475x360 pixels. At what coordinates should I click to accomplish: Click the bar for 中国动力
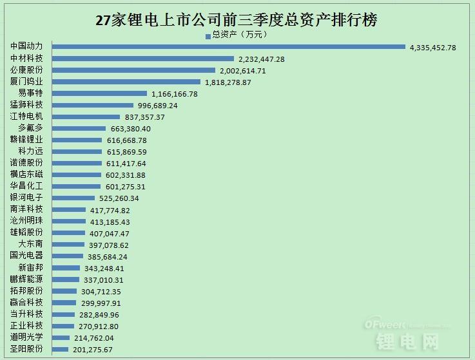coord(228,47)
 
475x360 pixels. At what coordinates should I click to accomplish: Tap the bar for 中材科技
coord(142,59)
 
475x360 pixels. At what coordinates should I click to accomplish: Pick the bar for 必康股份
coord(133,70)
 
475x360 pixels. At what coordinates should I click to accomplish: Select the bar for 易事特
coord(99,93)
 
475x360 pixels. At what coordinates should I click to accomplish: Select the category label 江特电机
coord(26,117)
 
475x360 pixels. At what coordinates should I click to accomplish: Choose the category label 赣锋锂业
coord(26,140)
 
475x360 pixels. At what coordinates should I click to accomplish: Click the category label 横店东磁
coord(26,175)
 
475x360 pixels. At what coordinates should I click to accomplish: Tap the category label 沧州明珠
coord(26,221)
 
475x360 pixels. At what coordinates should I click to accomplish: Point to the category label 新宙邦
coord(30,267)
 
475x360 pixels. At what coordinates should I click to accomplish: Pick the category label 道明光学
coord(26,337)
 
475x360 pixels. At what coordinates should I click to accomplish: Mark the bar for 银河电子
coord(73,198)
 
